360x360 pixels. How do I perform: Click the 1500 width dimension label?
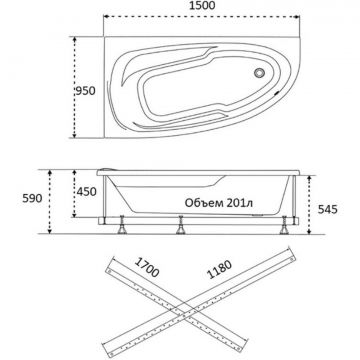coord(201,5)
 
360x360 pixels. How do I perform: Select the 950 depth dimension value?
coord(85,91)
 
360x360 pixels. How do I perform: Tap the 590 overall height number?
coord(32,198)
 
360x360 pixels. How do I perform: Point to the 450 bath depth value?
coord(86,192)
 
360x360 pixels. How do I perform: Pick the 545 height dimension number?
coord(327,209)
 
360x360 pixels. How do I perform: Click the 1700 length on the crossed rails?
coord(147,267)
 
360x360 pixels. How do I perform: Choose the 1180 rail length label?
coord(219,269)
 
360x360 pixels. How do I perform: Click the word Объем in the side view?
coord(199,203)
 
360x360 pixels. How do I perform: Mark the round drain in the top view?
coord(259,73)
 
